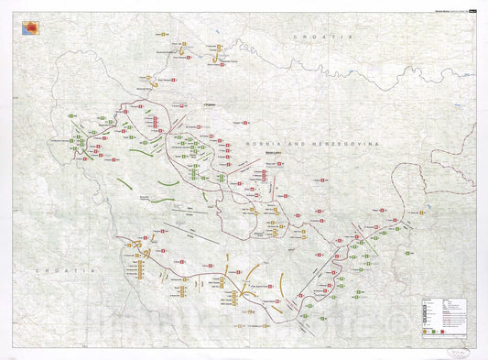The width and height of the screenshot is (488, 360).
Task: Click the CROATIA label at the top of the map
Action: point(310,35)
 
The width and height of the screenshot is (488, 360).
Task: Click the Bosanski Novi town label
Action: point(148,89)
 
